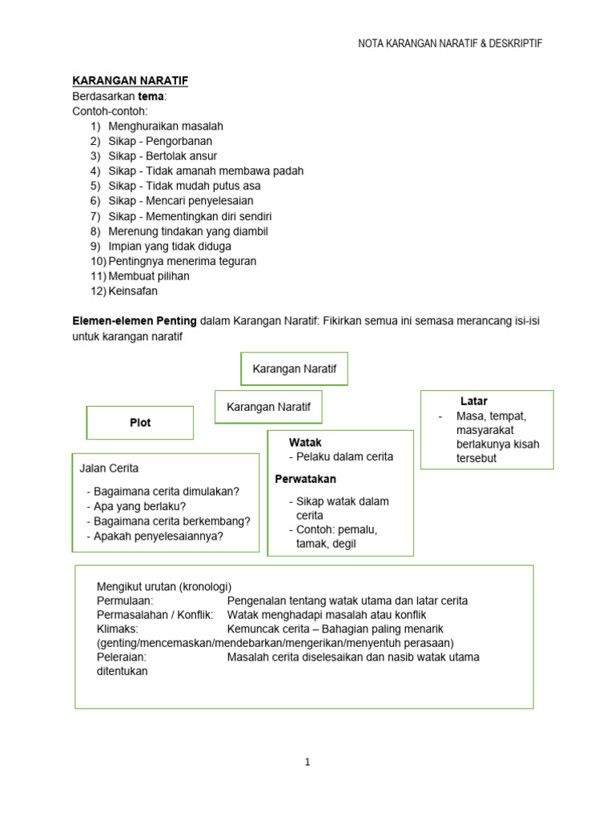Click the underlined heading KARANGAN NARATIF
131,81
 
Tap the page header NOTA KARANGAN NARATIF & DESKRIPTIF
450,43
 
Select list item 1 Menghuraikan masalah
166,126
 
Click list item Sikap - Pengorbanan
160,141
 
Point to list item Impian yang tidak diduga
170,246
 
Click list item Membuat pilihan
149,276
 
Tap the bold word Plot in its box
140,423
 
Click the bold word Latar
474,401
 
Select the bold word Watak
305,442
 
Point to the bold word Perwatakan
305,479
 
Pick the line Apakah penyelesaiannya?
158,537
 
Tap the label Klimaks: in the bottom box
118,629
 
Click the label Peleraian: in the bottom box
121,657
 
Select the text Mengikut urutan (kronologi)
164,586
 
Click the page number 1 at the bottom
307,762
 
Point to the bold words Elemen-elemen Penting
135,321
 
